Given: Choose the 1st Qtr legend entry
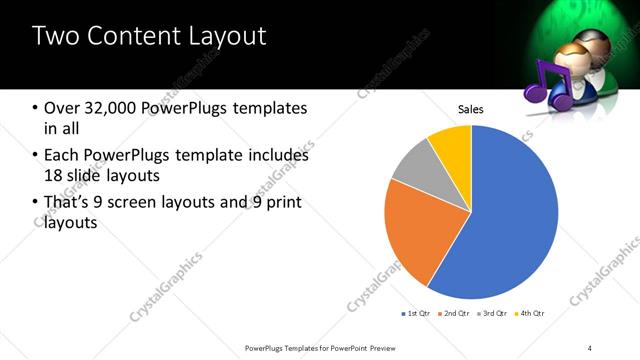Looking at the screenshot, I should pyautogui.click(x=415, y=314).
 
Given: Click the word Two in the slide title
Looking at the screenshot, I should pyautogui.click(x=54, y=37).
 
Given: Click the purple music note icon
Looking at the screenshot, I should pyautogui.click(x=547, y=86).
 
